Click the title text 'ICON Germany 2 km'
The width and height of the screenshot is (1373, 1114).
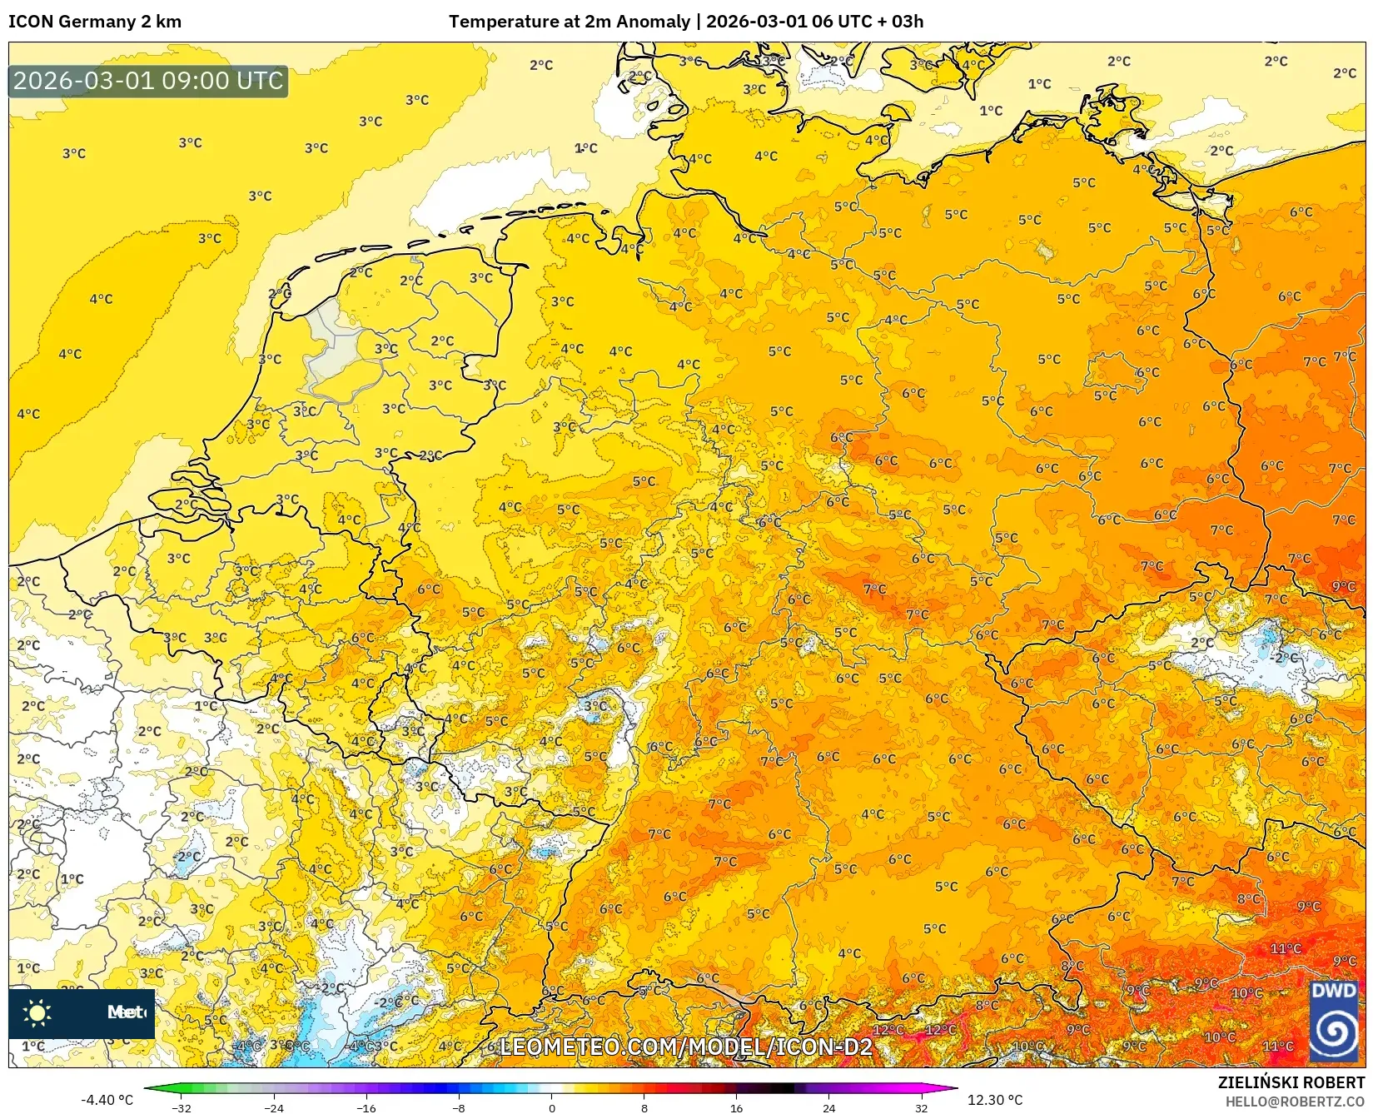[95, 22]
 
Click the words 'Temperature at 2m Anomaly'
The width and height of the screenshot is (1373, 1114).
[570, 22]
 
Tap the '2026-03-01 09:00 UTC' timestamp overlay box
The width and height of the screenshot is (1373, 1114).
[148, 82]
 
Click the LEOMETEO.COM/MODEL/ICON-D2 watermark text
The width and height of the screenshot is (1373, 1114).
[685, 1047]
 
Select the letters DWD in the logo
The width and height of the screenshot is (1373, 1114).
[1333, 991]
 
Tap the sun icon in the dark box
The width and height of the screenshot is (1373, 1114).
[37, 1012]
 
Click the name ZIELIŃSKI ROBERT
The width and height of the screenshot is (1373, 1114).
[1291, 1083]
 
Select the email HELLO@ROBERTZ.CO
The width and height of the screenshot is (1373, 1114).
[1295, 1102]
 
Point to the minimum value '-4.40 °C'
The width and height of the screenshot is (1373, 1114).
[107, 1100]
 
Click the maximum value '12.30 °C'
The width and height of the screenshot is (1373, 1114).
[995, 1100]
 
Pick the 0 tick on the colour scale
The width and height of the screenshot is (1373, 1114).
[551, 1107]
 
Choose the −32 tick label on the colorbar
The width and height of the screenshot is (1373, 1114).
[182, 1107]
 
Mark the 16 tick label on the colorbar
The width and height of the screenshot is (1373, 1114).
[736, 1107]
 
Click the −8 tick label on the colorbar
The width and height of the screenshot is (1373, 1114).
[459, 1107]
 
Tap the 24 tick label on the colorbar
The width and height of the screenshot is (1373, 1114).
[828, 1107]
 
